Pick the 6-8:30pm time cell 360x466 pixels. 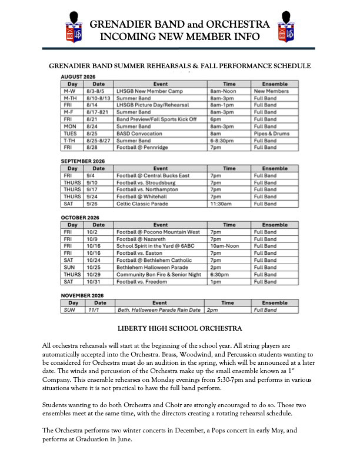point(224,141)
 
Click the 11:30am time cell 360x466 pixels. point(221,204)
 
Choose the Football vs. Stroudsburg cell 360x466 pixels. point(146,182)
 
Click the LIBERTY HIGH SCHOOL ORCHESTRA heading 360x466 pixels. point(180,328)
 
